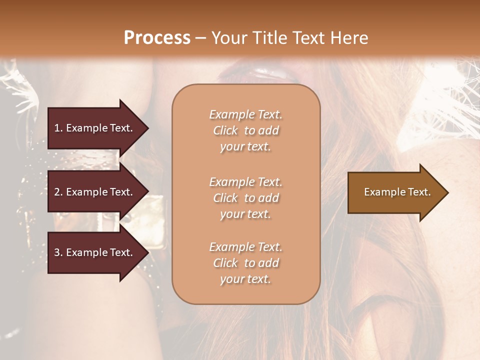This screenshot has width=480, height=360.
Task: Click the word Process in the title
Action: [x=157, y=38]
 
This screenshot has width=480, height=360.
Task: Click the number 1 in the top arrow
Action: [x=57, y=128]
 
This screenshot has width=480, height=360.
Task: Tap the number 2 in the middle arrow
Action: [x=57, y=192]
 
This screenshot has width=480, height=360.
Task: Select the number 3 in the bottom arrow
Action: [x=57, y=253]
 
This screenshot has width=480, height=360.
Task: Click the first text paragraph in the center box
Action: [x=245, y=130]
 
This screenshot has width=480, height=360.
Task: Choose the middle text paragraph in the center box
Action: [x=245, y=198]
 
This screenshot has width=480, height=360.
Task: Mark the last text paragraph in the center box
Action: [x=245, y=263]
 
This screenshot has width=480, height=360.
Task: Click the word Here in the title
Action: [x=350, y=38]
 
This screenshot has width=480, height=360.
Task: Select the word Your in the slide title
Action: [x=228, y=38]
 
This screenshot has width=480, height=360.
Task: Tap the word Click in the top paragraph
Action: [x=225, y=130]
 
